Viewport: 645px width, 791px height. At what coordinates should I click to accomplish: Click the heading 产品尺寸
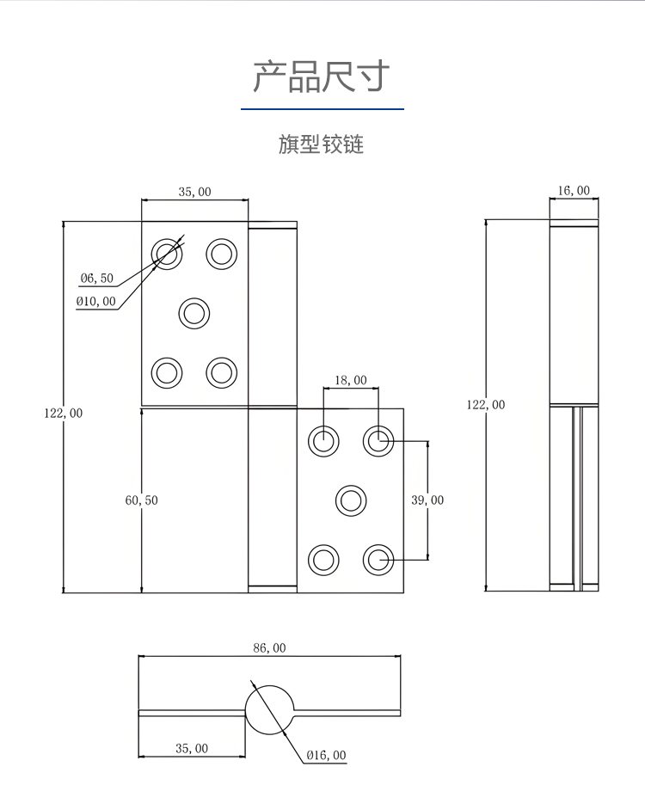pyautogui.click(x=322, y=77)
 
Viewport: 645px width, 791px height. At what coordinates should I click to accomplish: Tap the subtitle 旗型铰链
pyautogui.click(x=321, y=144)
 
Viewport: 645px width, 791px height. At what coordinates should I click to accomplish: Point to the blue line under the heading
pyautogui.click(x=322, y=108)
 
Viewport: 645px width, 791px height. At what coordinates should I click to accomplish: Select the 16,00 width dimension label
pyautogui.click(x=574, y=190)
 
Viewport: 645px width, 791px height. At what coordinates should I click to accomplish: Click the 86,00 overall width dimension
pyautogui.click(x=269, y=647)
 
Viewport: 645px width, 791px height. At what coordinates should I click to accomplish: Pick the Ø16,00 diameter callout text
pyautogui.click(x=326, y=755)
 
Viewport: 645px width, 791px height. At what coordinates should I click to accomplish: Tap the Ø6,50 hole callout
pyautogui.click(x=97, y=278)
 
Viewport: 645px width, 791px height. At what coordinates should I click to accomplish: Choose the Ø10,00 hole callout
pyautogui.click(x=96, y=301)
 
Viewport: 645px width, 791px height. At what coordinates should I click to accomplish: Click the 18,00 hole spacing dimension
pyautogui.click(x=351, y=380)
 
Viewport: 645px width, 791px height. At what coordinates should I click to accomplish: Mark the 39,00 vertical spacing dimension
pyautogui.click(x=427, y=500)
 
